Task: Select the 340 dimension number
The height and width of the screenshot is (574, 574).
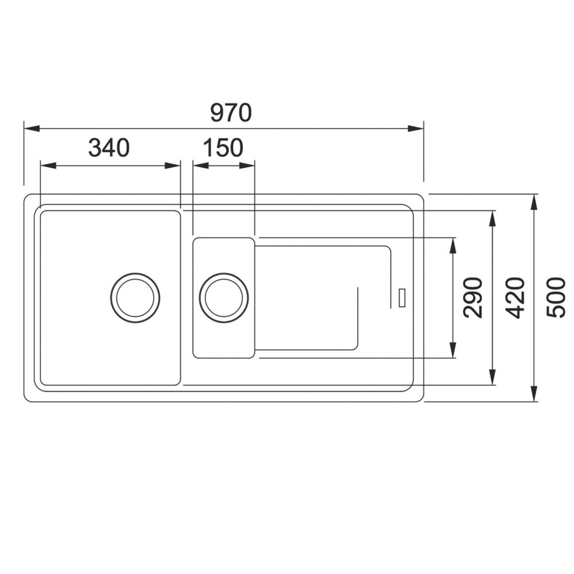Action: tap(109, 148)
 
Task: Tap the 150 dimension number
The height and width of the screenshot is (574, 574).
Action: tap(223, 148)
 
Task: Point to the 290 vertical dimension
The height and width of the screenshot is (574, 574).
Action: tap(473, 297)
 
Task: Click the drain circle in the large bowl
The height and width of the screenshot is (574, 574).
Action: tap(135, 297)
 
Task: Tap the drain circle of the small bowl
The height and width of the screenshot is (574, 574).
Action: tap(224, 297)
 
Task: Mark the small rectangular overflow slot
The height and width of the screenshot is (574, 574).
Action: tap(402, 297)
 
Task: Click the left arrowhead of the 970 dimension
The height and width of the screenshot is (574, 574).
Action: tap(32, 129)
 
